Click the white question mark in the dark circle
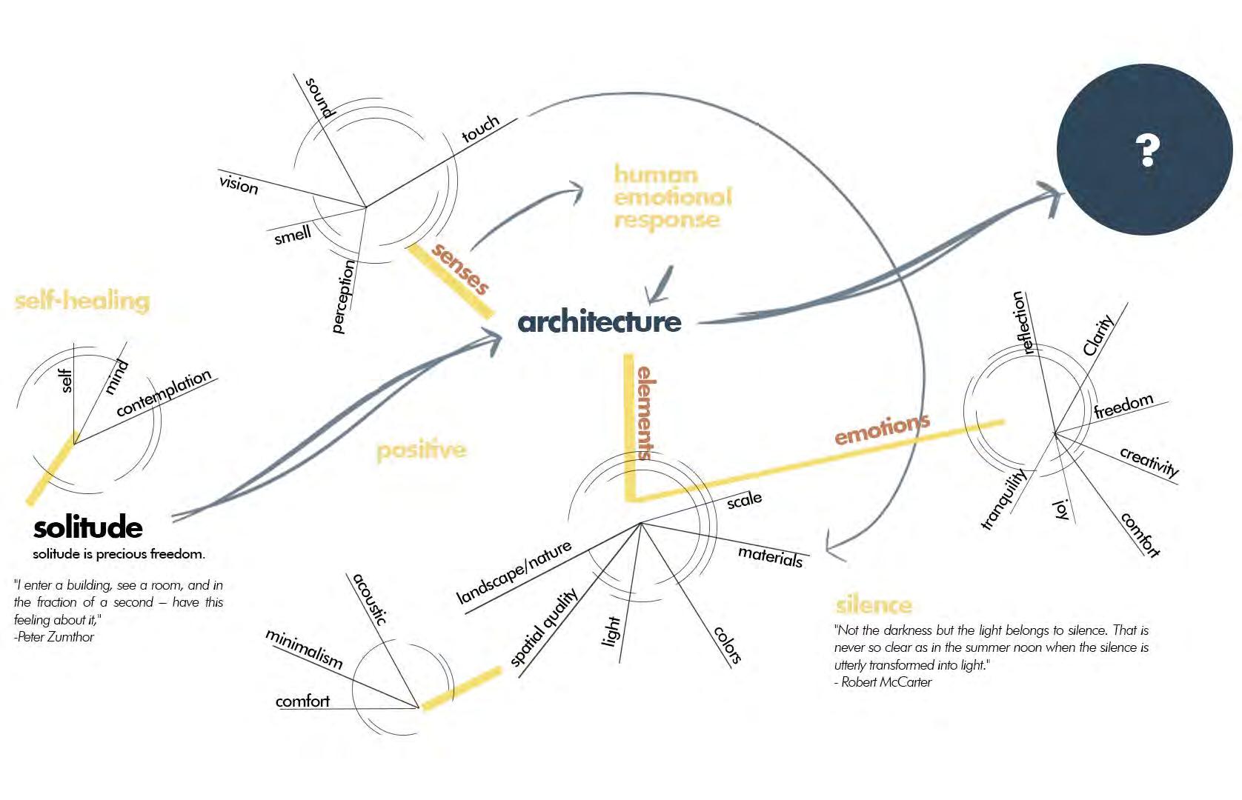tap(1146, 150)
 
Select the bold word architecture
tap(599, 321)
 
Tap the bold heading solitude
tap(87, 527)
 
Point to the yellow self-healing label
tap(82, 301)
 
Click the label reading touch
tap(480, 129)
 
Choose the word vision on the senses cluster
tap(239, 183)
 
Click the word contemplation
tap(164, 393)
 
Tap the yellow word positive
tap(421, 450)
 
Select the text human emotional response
tap(672, 197)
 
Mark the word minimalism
tap(305, 649)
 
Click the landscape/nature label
tap(514, 572)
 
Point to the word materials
tap(770, 556)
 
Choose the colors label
tap(727, 644)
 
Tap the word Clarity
tap(1097, 335)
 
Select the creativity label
tap(1149, 462)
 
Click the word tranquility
tap(1003, 499)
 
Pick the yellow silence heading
tap(873, 605)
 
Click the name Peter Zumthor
tap(58, 637)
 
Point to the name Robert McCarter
tap(886, 682)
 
